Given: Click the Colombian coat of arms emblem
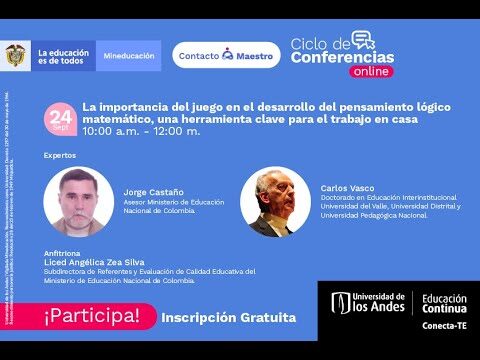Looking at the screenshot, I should [x=16, y=55].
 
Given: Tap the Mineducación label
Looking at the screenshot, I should [x=129, y=56].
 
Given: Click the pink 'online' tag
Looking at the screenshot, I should [x=371, y=71].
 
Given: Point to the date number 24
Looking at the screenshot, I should [x=60, y=117].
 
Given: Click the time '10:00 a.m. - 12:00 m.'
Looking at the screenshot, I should [x=141, y=131].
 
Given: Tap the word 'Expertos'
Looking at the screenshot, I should [x=60, y=156].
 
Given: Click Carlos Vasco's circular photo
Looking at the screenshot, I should [x=276, y=201].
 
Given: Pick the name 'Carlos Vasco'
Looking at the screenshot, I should [x=348, y=188].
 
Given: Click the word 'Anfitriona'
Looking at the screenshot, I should [x=61, y=254].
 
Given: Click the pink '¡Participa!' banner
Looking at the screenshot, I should [x=91, y=317].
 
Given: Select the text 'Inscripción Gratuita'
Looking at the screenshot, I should [x=229, y=317].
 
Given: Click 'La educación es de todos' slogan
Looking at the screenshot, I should [x=62, y=55].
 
